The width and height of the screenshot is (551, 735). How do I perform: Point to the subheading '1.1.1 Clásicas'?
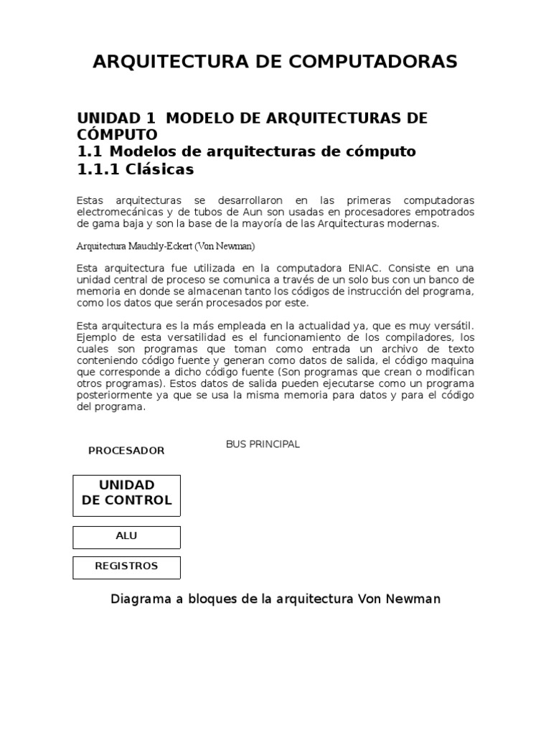pyautogui.click(x=136, y=170)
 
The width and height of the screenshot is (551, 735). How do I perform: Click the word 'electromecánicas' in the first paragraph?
pyautogui.click(x=116, y=212)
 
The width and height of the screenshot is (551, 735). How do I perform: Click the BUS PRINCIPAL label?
pyautogui.click(x=263, y=444)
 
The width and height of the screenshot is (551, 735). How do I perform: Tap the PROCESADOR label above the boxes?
pyautogui.click(x=126, y=451)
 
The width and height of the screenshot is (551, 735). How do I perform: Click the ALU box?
pyautogui.click(x=126, y=537)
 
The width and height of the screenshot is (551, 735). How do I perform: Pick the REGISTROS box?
pyautogui.click(x=126, y=567)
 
